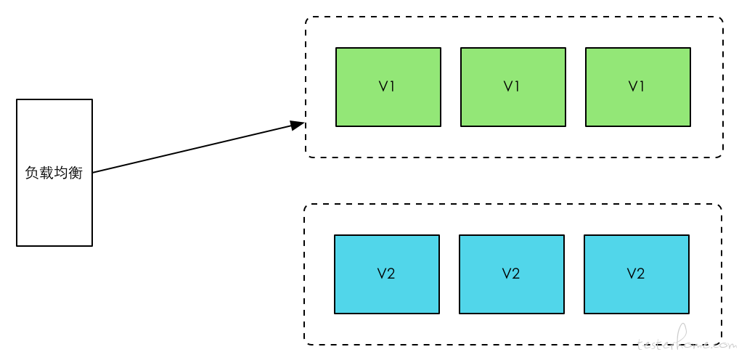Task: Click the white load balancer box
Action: click(54, 173)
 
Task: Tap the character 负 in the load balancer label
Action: click(32, 173)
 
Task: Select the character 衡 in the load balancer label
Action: click(76, 173)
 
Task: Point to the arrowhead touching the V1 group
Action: click(298, 124)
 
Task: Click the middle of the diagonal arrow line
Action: click(199, 147)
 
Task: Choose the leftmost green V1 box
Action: click(388, 86)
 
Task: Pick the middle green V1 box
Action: click(513, 86)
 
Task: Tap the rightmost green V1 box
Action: click(638, 86)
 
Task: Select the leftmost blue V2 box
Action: click(387, 274)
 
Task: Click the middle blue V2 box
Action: click(512, 274)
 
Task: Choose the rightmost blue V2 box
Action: click(637, 274)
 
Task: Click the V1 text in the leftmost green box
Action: click(386, 86)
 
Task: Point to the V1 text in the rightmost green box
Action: click(636, 86)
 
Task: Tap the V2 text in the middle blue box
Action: click(511, 274)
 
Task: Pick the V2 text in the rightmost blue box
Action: click(636, 274)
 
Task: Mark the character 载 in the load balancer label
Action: click(46, 173)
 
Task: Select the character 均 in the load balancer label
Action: click(61, 173)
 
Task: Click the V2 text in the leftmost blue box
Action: click(386, 274)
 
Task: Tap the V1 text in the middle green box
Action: click(511, 86)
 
